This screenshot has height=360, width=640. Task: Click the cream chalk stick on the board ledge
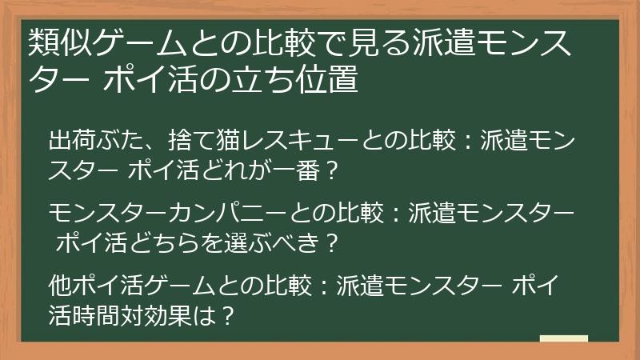564,338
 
